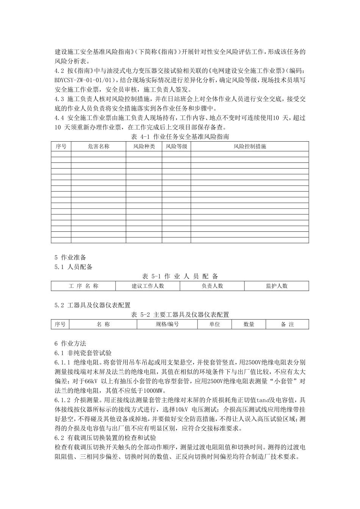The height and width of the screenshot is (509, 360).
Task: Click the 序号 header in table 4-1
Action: click(x=61, y=146)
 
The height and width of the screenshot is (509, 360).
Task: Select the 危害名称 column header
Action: click(x=98, y=146)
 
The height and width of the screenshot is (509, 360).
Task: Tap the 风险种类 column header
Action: click(x=144, y=146)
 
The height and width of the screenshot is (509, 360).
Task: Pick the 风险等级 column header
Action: click(x=176, y=146)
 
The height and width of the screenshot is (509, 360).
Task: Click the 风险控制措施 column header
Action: click(x=249, y=146)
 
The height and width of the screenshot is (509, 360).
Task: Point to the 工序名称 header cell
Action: click(x=83, y=286)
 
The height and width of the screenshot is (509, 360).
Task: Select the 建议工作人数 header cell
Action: click(x=148, y=286)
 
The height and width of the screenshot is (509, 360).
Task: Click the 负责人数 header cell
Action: click(x=212, y=286)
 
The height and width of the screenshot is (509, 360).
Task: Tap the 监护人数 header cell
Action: click(x=277, y=286)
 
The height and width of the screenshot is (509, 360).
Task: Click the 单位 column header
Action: click(x=214, y=325)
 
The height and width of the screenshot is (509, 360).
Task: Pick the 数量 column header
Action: click(x=249, y=325)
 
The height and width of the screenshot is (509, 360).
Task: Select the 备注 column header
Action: click(x=287, y=325)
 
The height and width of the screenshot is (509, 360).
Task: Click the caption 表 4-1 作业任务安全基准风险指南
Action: click(x=180, y=136)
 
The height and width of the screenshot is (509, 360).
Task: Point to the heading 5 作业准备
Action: click(x=70, y=258)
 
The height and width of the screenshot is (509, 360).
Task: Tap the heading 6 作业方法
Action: click(x=70, y=343)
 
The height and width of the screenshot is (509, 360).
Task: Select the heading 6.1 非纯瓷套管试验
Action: click(x=83, y=353)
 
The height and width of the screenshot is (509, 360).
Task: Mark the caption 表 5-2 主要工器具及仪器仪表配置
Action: click(x=180, y=315)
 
